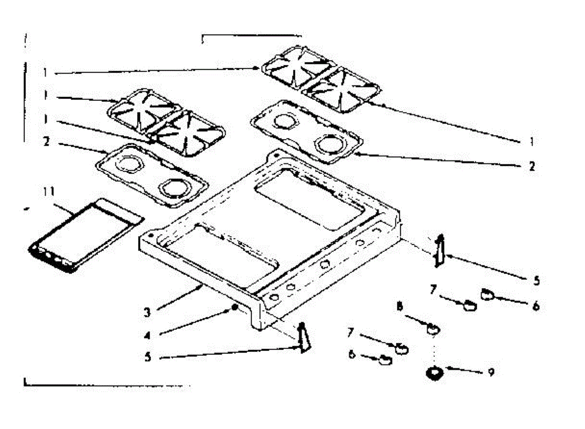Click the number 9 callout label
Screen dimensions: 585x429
[x=491, y=372]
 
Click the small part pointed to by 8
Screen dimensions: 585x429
[x=431, y=330]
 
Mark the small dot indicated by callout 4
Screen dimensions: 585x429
[x=235, y=308]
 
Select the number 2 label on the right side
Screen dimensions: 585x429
[x=532, y=166]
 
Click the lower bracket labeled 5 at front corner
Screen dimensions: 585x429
[x=304, y=338]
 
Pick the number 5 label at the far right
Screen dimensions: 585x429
[x=537, y=280]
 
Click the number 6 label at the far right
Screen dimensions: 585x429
[x=536, y=307]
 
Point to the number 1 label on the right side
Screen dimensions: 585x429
[x=531, y=142]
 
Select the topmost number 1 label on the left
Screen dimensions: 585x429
[x=45, y=73]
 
